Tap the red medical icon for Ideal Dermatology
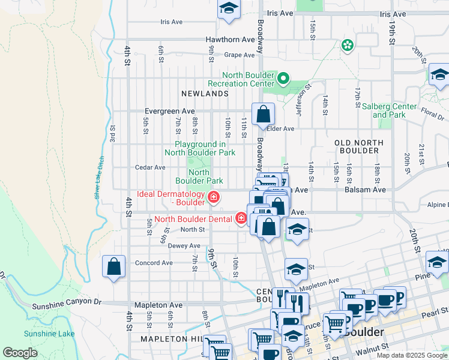(x=213, y=197)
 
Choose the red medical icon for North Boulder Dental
(x=241, y=218)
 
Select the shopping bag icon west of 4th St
(x=113, y=266)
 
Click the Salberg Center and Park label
(x=389, y=110)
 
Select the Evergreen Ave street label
(x=170, y=112)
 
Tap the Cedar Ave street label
(x=150, y=168)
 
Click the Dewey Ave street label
(x=184, y=246)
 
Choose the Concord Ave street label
(x=154, y=263)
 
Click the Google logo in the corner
(x=20, y=353)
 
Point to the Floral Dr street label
(x=432, y=112)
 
